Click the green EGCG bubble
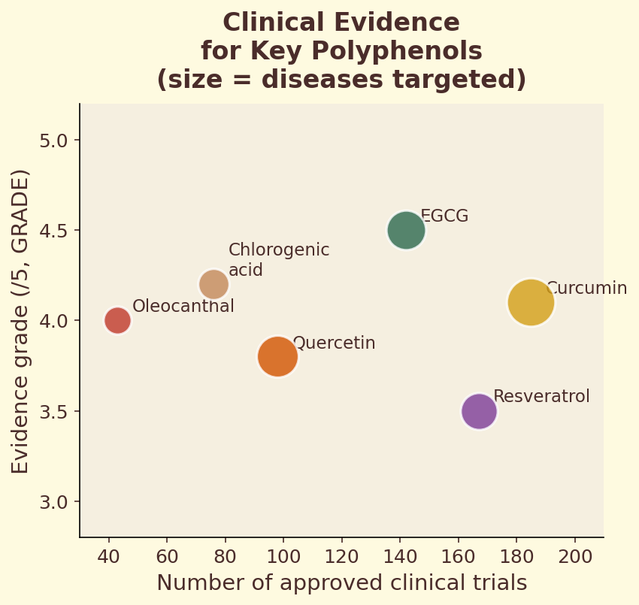point(406,230)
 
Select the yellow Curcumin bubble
point(531,302)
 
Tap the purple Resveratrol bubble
point(479,411)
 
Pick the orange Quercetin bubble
point(277,356)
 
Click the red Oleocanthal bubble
point(117,320)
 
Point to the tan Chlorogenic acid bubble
point(214,284)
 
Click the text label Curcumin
point(586,289)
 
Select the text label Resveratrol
point(541,397)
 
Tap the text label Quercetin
point(334,343)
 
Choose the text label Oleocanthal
point(183,307)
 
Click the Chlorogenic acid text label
point(278,260)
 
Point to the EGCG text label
point(444,216)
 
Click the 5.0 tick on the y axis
point(53,141)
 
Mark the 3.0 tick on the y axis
point(53,502)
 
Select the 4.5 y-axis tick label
point(53,231)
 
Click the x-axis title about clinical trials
point(341,583)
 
